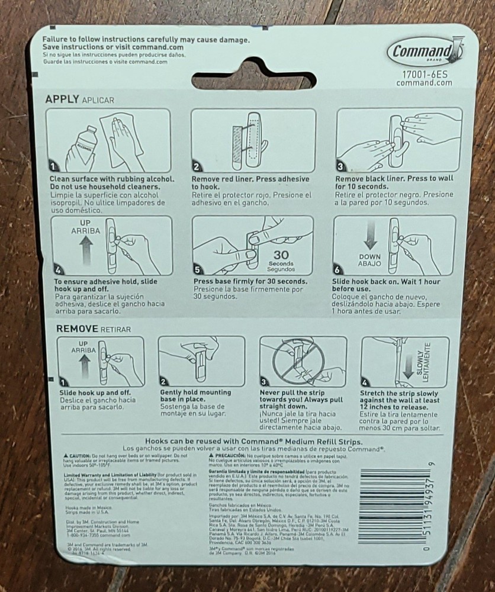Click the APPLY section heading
[x=62, y=99]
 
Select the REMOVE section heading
[x=76, y=328]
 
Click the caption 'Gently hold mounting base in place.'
[x=197, y=396]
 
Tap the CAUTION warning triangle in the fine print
[x=66, y=455]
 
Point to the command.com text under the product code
[x=424, y=83]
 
